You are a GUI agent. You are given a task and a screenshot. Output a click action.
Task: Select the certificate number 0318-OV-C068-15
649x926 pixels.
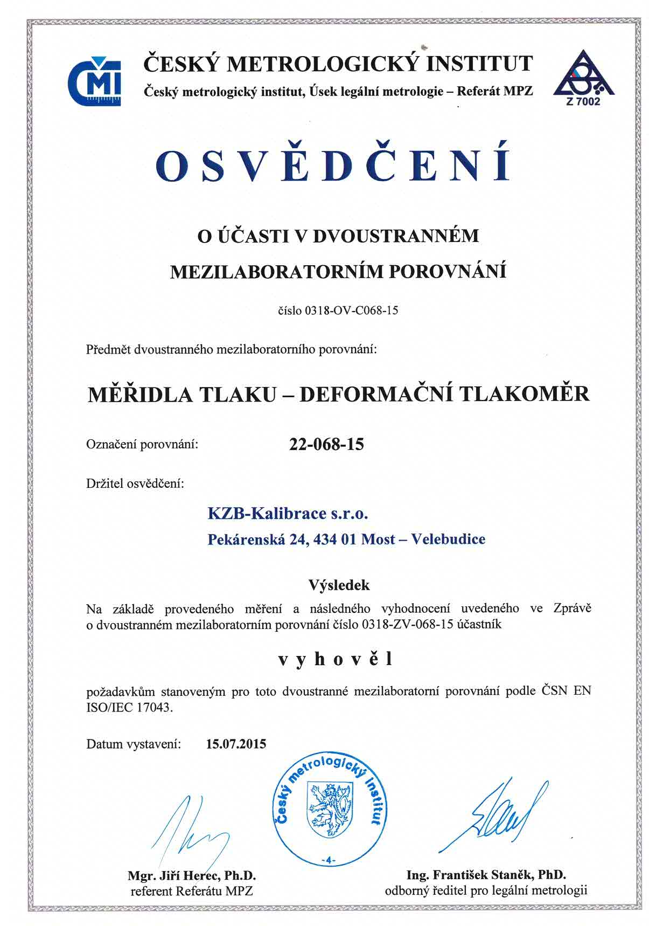(351, 310)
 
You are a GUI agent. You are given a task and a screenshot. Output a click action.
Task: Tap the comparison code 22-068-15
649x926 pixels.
(326, 445)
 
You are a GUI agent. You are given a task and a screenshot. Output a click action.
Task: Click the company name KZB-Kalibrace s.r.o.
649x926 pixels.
(288, 513)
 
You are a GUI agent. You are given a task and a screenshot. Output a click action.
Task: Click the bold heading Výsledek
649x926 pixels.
(339, 584)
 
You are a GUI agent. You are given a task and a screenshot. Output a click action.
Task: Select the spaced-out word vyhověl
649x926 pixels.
(335, 659)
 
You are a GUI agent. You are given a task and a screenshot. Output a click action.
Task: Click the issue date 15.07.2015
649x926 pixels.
(236, 744)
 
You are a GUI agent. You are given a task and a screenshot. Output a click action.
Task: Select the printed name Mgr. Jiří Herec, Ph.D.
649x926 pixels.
(192, 875)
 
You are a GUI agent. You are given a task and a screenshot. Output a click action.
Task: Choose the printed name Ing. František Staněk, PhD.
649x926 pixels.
(486, 874)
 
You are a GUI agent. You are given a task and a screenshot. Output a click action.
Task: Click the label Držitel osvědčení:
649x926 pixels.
(135, 483)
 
